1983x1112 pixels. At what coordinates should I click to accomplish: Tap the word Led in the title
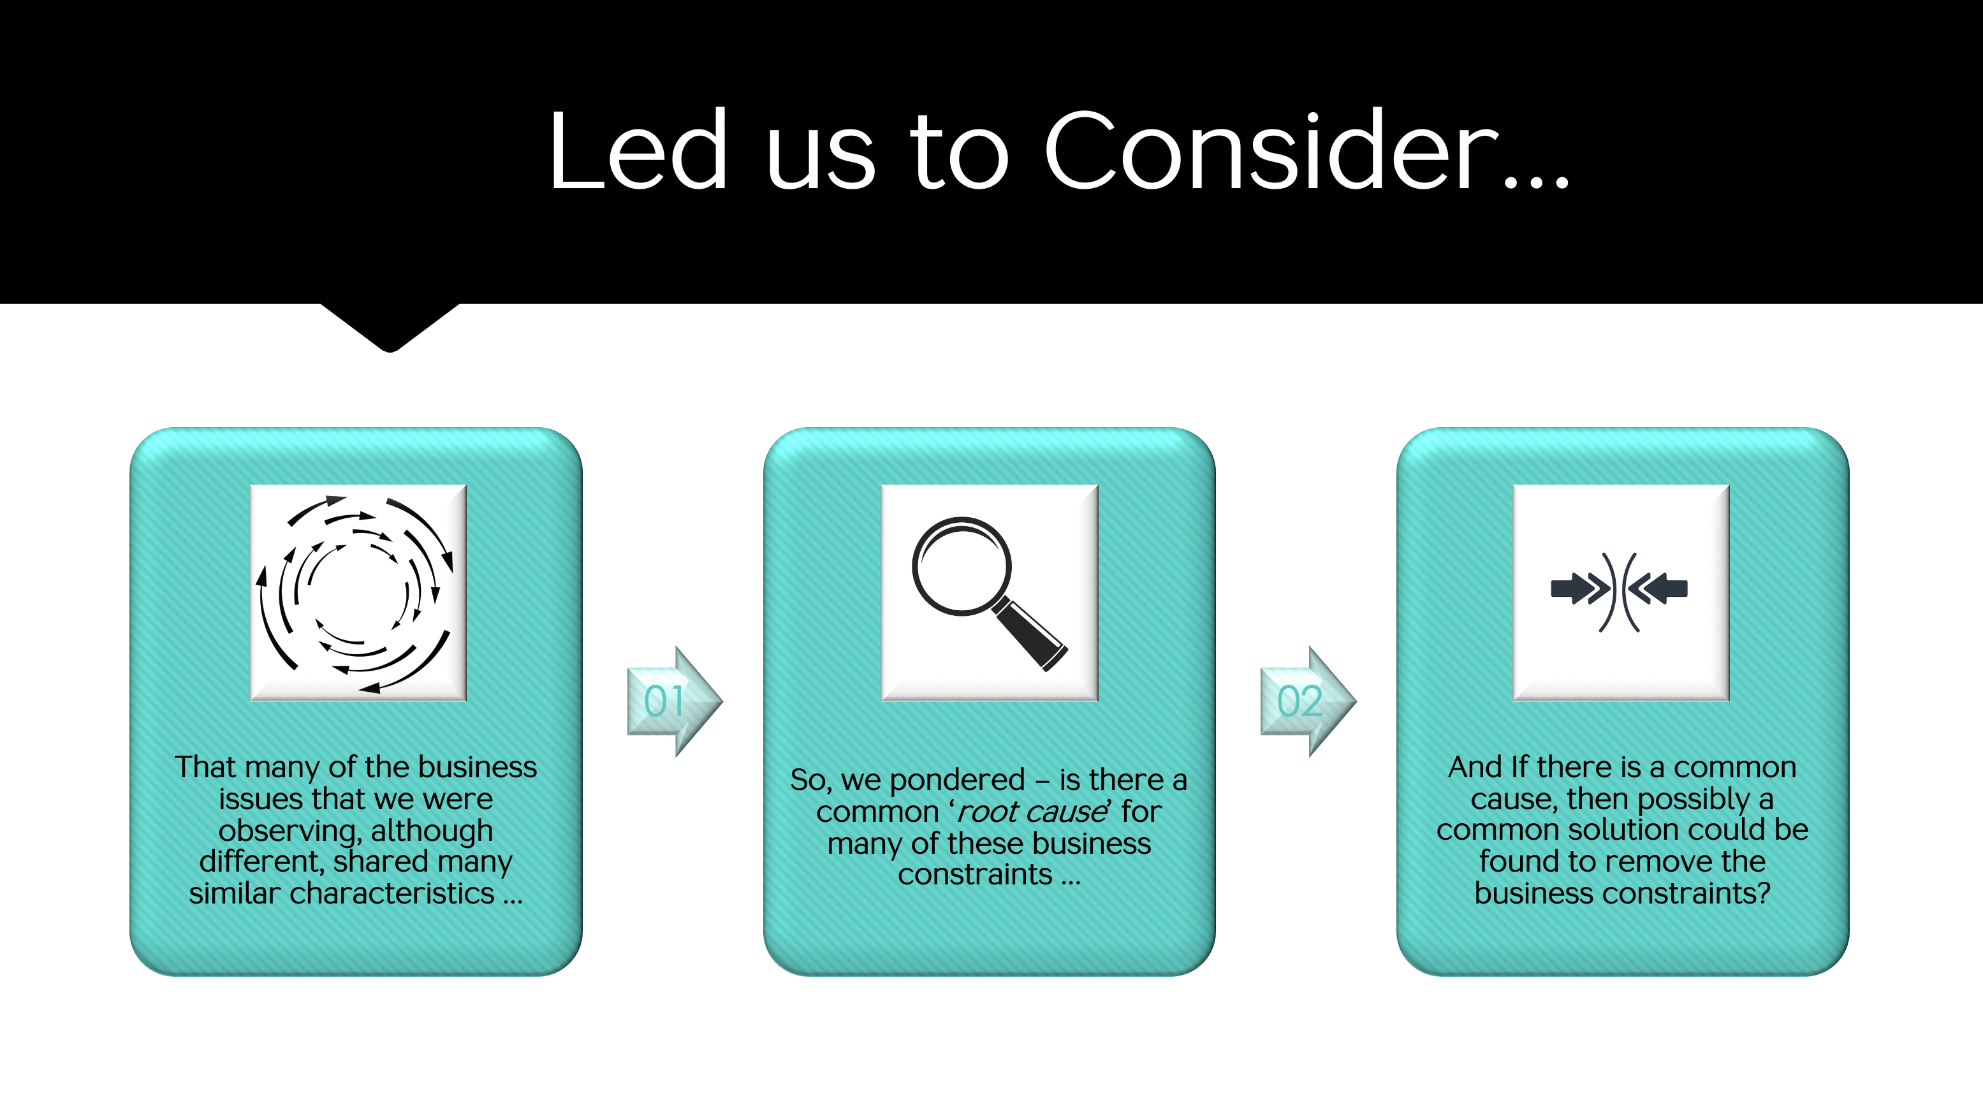click(638, 149)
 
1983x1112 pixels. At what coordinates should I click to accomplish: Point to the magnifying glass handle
click(1029, 634)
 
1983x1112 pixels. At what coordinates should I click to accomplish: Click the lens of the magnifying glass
click(962, 566)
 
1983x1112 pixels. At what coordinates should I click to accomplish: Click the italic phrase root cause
click(1031, 812)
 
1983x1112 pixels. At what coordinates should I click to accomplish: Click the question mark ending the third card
click(1764, 893)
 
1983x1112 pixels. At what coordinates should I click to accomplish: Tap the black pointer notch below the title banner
click(390, 327)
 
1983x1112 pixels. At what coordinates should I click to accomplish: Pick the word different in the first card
click(261, 862)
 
